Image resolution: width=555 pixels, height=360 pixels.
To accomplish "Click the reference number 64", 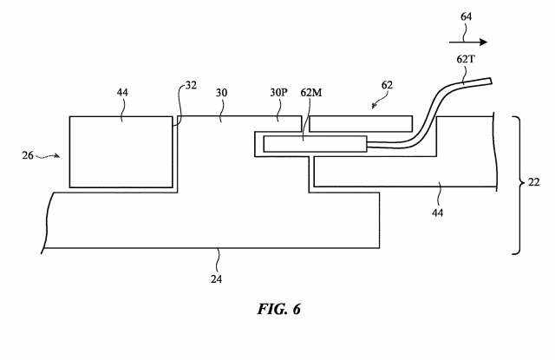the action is pyautogui.click(x=466, y=16).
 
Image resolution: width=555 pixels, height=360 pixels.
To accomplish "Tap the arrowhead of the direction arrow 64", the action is pyautogui.click(x=484, y=43).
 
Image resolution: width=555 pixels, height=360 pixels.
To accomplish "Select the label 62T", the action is pyautogui.click(x=466, y=59).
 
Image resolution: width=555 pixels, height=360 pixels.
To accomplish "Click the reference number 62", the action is pyautogui.click(x=387, y=85).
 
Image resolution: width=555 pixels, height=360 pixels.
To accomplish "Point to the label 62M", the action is pyautogui.click(x=311, y=93).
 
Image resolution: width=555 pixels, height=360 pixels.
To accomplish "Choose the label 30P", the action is pyautogui.click(x=278, y=93).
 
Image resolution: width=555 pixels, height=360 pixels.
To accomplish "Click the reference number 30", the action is pyautogui.click(x=221, y=93).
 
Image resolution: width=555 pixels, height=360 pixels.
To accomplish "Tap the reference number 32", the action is pyautogui.click(x=191, y=85).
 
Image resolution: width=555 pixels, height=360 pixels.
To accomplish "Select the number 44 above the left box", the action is pyautogui.click(x=122, y=93).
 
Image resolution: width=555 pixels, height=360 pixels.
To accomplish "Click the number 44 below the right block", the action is pyautogui.click(x=437, y=213).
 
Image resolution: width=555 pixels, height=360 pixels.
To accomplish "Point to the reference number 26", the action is pyautogui.click(x=28, y=155).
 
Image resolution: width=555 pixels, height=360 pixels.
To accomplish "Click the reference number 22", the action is pyautogui.click(x=534, y=182).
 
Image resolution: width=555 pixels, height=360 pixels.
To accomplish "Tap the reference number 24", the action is pyautogui.click(x=216, y=279).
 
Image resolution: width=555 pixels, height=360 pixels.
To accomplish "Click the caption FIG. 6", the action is pyautogui.click(x=279, y=310).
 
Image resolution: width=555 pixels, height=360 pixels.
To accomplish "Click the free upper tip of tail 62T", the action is pyautogui.click(x=491, y=81).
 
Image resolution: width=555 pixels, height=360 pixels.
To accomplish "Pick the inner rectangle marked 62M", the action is pyautogui.click(x=315, y=144).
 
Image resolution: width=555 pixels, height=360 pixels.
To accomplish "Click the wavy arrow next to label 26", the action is pyautogui.click(x=48, y=156).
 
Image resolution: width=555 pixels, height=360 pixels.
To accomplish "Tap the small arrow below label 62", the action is pyautogui.click(x=375, y=104).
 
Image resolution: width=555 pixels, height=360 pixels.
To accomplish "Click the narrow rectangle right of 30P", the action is pyautogui.click(x=361, y=123).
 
